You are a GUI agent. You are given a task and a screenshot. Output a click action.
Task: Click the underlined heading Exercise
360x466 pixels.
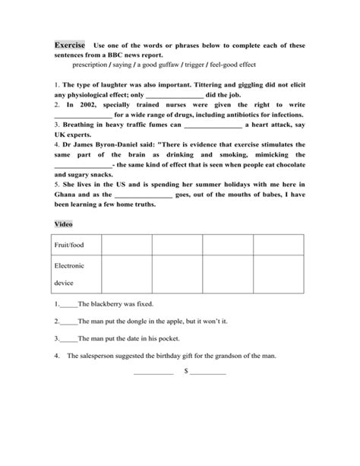69,45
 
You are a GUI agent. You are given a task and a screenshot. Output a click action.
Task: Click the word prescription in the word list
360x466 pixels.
89,65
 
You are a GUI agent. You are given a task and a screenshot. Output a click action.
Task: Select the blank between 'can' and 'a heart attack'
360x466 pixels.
213,125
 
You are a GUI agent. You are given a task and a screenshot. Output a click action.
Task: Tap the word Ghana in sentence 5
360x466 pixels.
70,195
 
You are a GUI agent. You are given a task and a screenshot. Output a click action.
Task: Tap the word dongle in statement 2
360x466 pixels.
131,321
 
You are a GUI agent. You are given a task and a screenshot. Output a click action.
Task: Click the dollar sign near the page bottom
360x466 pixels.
186,372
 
